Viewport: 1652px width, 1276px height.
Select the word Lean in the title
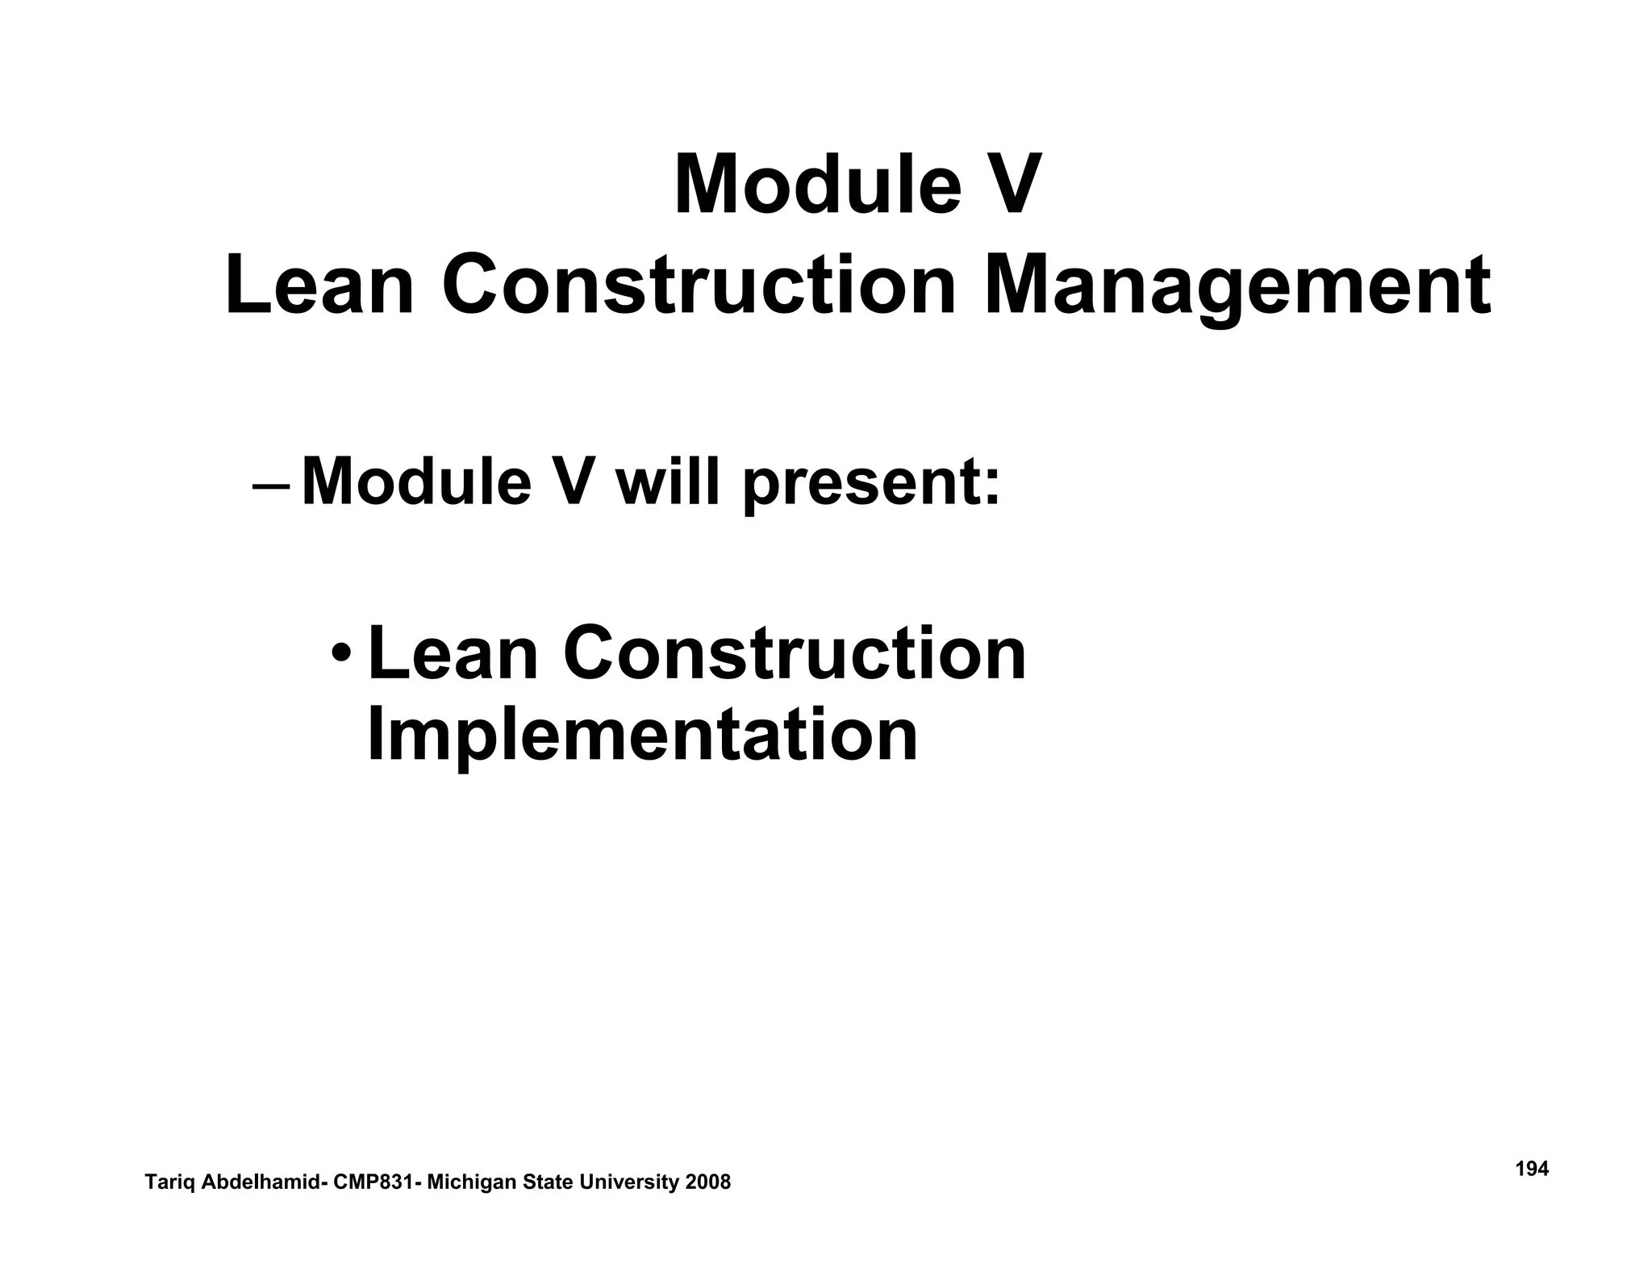(x=319, y=286)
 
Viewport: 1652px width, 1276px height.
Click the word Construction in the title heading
(x=699, y=286)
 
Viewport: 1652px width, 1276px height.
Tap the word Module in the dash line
(x=416, y=482)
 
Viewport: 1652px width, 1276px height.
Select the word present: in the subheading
(x=871, y=484)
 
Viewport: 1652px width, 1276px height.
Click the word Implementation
(x=642, y=735)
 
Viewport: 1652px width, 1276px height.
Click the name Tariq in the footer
(x=169, y=1182)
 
